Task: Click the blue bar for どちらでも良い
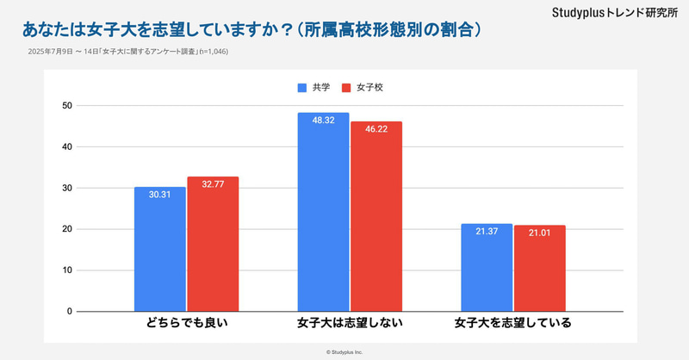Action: point(159,250)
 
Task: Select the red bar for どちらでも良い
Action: point(213,245)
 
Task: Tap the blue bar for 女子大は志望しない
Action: point(323,213)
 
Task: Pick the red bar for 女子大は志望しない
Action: point(376,217)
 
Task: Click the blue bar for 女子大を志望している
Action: point(487,268)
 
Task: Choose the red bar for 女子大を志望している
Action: point(540,269)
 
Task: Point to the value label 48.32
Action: point(323,121)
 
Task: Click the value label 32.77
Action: point(213,185)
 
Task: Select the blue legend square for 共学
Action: point(302,88)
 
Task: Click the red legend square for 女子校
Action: point(346,88)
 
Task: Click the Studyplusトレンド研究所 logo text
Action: point(615,15)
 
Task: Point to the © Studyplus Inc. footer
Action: point(344,351)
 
